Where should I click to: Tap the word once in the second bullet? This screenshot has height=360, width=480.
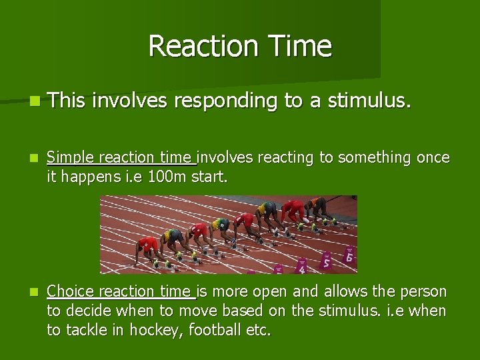click(x=433, y=158)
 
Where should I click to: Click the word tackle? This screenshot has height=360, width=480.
click(x=90, y=330)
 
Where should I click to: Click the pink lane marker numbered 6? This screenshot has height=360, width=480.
click(x=348, y=255)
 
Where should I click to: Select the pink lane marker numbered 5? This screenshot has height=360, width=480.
click(x=325, y=261)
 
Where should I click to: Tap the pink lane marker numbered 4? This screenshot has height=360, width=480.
click(x=301, y=268)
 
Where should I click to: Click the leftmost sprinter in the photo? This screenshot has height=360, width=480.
click(x=147, y=248)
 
